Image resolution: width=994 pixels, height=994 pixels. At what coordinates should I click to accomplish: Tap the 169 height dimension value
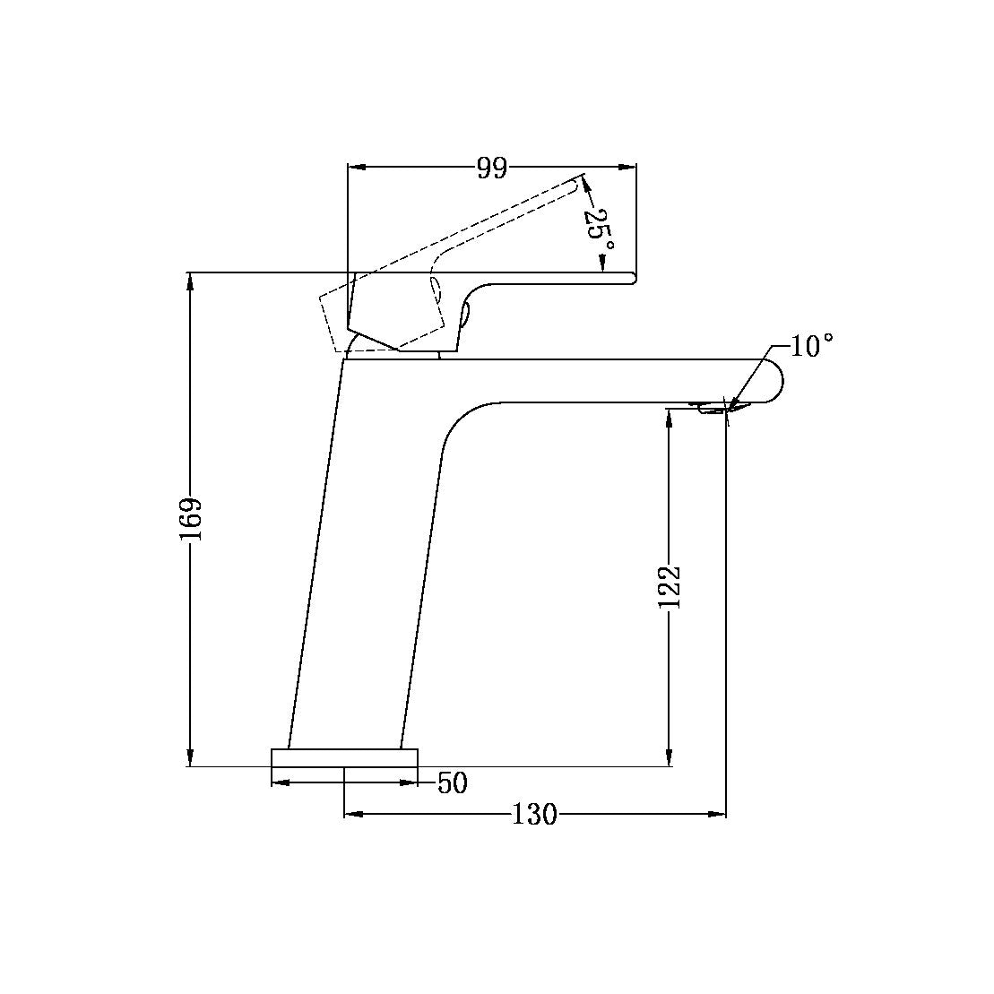click(x=191, y=519)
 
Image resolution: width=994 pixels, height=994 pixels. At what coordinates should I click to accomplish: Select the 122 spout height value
click(x=670, y=587)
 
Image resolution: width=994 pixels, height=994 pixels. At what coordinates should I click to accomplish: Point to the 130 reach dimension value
click(x=534, y=815)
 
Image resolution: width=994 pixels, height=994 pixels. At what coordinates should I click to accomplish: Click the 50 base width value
click(x=453, y=783)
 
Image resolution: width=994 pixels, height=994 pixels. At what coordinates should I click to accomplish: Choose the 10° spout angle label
click(x=813, y=346)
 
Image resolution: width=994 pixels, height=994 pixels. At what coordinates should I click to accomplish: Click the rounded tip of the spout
click(x=776, y=381)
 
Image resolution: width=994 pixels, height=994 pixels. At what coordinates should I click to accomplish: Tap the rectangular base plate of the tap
click(x=345, y=758)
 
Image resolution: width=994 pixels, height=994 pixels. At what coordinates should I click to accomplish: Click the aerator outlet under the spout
click(x=713, y=409)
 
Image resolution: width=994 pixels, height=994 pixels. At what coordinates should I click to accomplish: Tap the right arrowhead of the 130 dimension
click(x=718, y=815)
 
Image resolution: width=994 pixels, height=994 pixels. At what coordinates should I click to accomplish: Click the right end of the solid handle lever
click(x=632, y=279)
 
